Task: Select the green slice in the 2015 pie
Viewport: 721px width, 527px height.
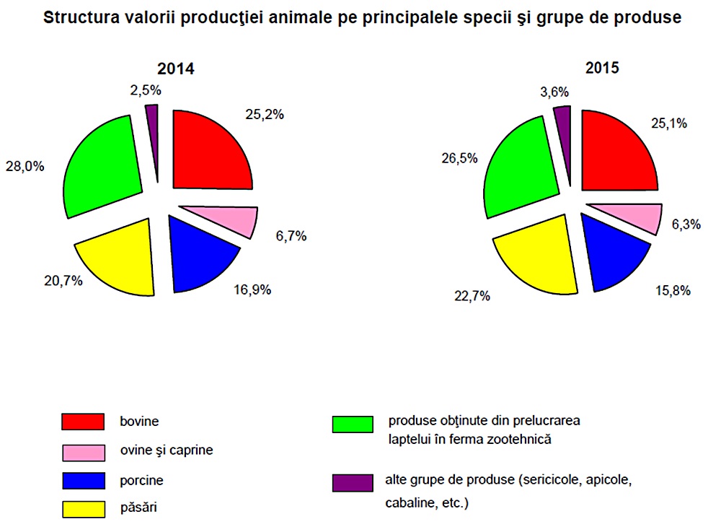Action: point(520,167)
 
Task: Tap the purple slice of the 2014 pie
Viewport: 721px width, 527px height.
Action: point(152,116)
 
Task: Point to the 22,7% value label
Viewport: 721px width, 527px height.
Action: point(472,295)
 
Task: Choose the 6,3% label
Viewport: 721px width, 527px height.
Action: point(686,225)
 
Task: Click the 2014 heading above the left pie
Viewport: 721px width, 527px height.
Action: point(176,69)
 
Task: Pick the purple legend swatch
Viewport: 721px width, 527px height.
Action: point(353,483)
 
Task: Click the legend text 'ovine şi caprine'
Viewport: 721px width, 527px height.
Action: point(167,450)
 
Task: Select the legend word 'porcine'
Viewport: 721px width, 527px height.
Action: point(142,480)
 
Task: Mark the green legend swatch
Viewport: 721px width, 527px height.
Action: point(353,424)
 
